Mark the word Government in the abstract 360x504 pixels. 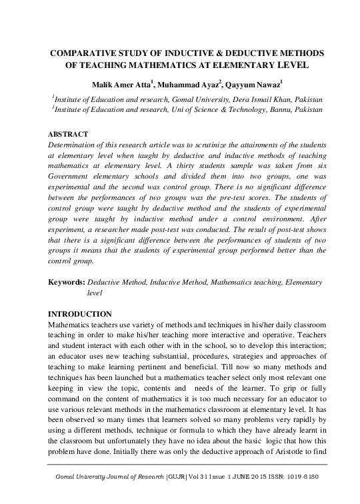click(x=77, y=179)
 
